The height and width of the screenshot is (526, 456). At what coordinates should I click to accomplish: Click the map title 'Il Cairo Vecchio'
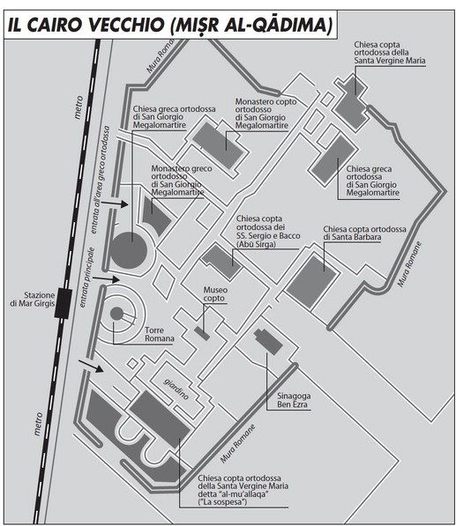86,26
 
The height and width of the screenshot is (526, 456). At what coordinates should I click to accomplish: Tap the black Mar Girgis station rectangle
64,303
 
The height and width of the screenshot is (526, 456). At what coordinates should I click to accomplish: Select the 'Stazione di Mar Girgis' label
33,300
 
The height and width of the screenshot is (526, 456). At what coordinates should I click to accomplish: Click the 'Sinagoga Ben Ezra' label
292,400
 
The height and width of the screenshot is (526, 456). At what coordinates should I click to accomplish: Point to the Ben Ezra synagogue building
268,342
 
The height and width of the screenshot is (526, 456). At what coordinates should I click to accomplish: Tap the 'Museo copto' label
215,294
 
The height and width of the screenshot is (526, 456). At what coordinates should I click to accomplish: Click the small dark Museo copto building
202,333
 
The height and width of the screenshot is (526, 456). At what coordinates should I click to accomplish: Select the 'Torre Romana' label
159,335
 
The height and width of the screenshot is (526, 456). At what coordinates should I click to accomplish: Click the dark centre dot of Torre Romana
116,314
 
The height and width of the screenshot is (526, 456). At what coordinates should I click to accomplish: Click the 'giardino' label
176,389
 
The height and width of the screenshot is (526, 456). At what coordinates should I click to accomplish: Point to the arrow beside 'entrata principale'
106,278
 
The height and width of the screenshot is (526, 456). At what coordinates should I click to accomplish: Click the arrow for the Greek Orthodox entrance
115,204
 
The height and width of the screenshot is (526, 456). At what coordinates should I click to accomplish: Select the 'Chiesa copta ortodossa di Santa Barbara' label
364,233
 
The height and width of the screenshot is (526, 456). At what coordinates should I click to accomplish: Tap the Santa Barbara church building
310,281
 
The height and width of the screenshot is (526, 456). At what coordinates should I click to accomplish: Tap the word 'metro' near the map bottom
38,424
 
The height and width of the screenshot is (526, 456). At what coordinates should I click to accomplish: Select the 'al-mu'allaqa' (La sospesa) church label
243,490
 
